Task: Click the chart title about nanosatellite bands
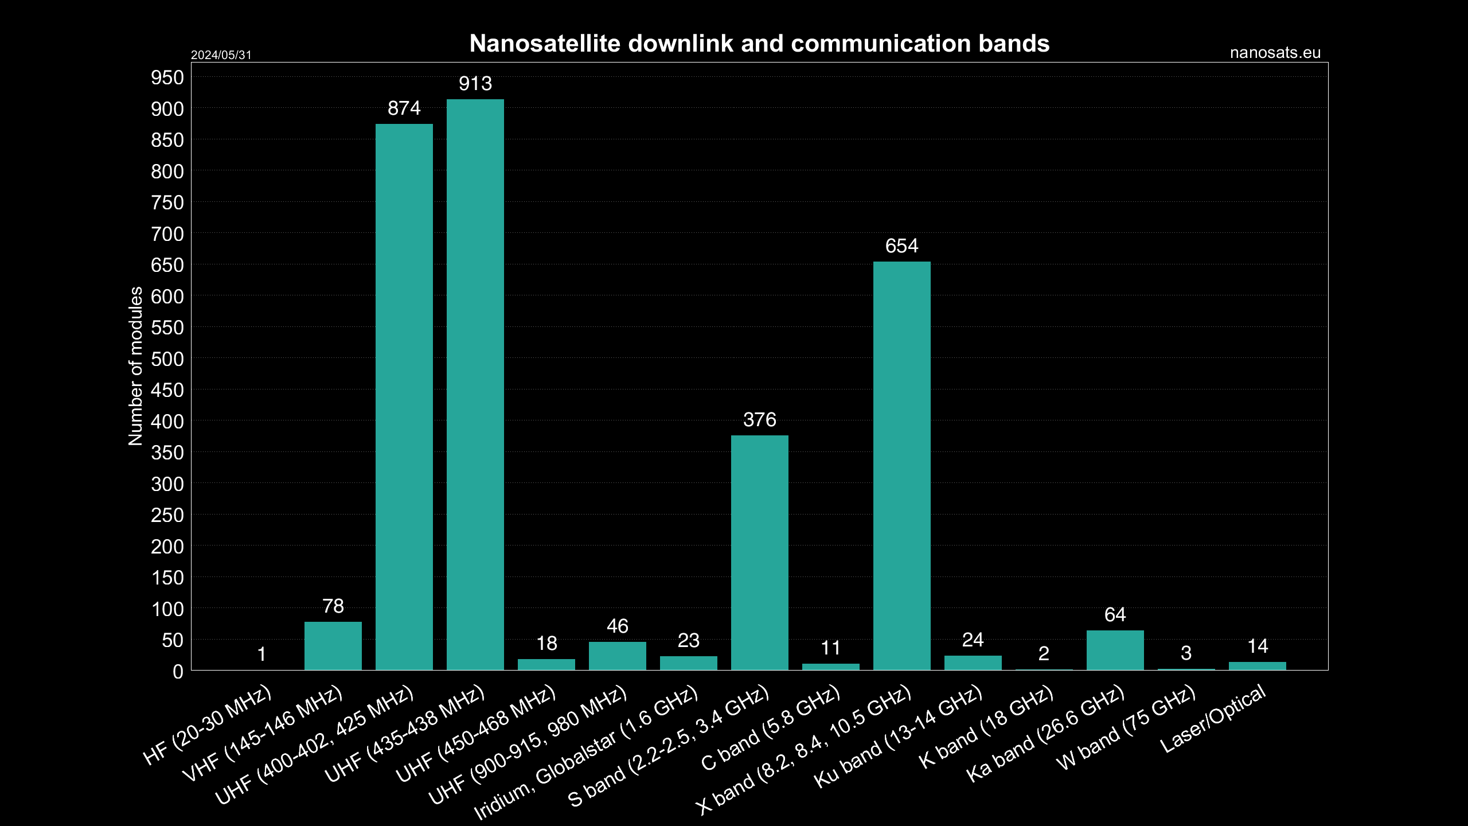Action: pyautogui.click(x=759, y=44)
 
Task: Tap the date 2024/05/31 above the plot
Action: pyautogui.click(x=221, y=55)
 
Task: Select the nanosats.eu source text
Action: pyautogui.click(x=1275, y=53)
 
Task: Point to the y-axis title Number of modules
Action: pyautogui.click(x=135, y=366)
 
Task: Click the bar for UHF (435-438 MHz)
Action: pyautogui.click(x=475, y=384)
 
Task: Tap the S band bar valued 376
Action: pyautogui.click(x=759, y=552)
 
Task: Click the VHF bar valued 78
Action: pyautogui.click(x=333, y=645)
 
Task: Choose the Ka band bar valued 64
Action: pyautogui.click(x=1115, y=650)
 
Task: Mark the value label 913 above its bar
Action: pyautogui.click(x=475, y=84)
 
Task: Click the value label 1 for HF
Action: pyautogui.click(x=261, y=654)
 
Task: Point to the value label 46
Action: pyautogui.click(x=617, y=626)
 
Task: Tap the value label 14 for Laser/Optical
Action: pyautogui.click(x=1257, y=646)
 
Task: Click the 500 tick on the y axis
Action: pyautogui.click(x=167, y=359)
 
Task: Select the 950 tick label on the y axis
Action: pyautogui.click(x=167, y=77)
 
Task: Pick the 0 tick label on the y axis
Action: pyautogui.click(x=178, y=672)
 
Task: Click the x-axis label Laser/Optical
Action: pyautogui.click(x=1212, y=719)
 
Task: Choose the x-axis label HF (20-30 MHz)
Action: pyautogui.click(x=207, y=726)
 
